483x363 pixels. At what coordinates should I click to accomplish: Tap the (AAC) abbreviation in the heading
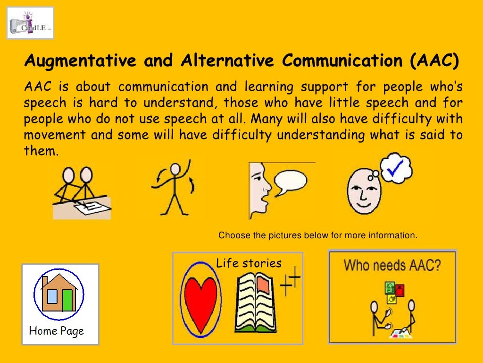[434, 61]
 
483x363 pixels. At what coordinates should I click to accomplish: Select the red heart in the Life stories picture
[200, 300]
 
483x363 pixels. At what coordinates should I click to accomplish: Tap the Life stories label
[249, 264]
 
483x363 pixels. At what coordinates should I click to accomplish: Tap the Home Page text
[56, 330]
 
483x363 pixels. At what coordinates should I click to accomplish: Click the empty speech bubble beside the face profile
[291, 181]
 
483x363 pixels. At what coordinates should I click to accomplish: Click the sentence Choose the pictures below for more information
[318, 235]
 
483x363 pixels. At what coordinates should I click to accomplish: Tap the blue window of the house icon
[52, 296]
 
